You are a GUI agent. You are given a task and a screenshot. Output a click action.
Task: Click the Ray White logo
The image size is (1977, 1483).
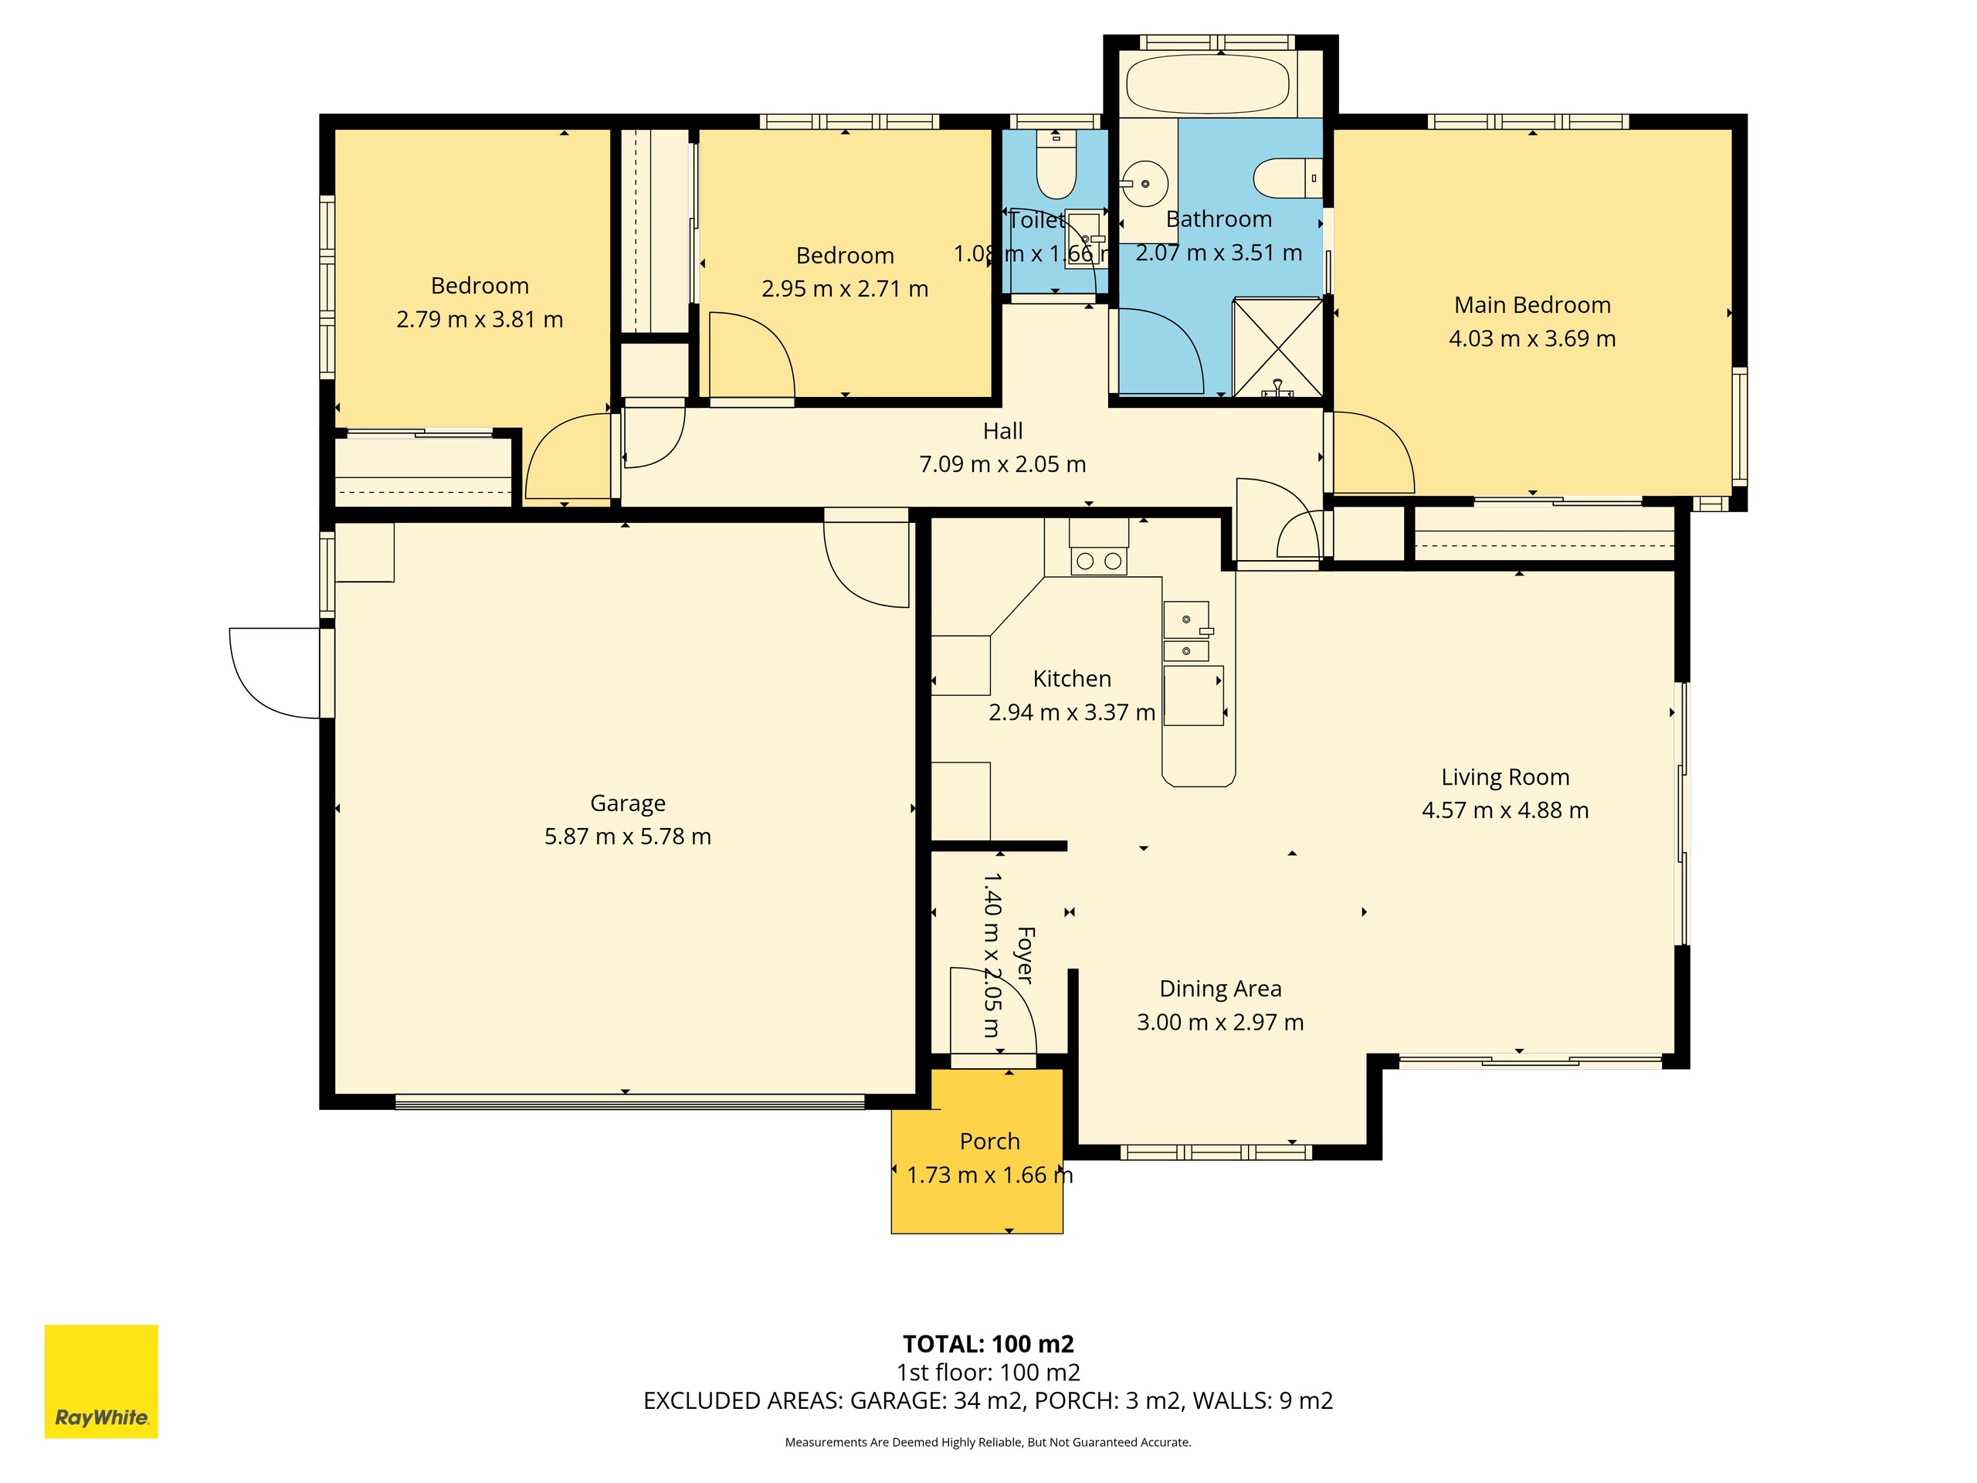(x=101, y=1381)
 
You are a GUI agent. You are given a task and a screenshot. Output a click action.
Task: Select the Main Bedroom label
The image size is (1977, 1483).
(x=1532, y=305)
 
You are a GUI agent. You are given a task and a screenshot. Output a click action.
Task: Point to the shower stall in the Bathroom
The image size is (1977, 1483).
(x=1277, y=347)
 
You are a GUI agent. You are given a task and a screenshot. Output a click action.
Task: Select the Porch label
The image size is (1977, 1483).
(x=989, y=1142)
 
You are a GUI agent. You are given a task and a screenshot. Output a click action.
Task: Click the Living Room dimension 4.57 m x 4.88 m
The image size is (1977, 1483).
(x=1505, y=810)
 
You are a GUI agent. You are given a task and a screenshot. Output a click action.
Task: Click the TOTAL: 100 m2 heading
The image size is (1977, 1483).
(x=988, y=1343)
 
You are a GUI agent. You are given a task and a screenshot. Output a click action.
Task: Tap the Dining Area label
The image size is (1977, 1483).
(x=1220, y=989)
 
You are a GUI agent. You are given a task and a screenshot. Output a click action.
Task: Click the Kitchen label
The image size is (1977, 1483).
(x=1072, y=678)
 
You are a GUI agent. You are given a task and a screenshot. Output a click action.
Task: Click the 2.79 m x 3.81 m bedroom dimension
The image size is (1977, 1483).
(x=479, y=319)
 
